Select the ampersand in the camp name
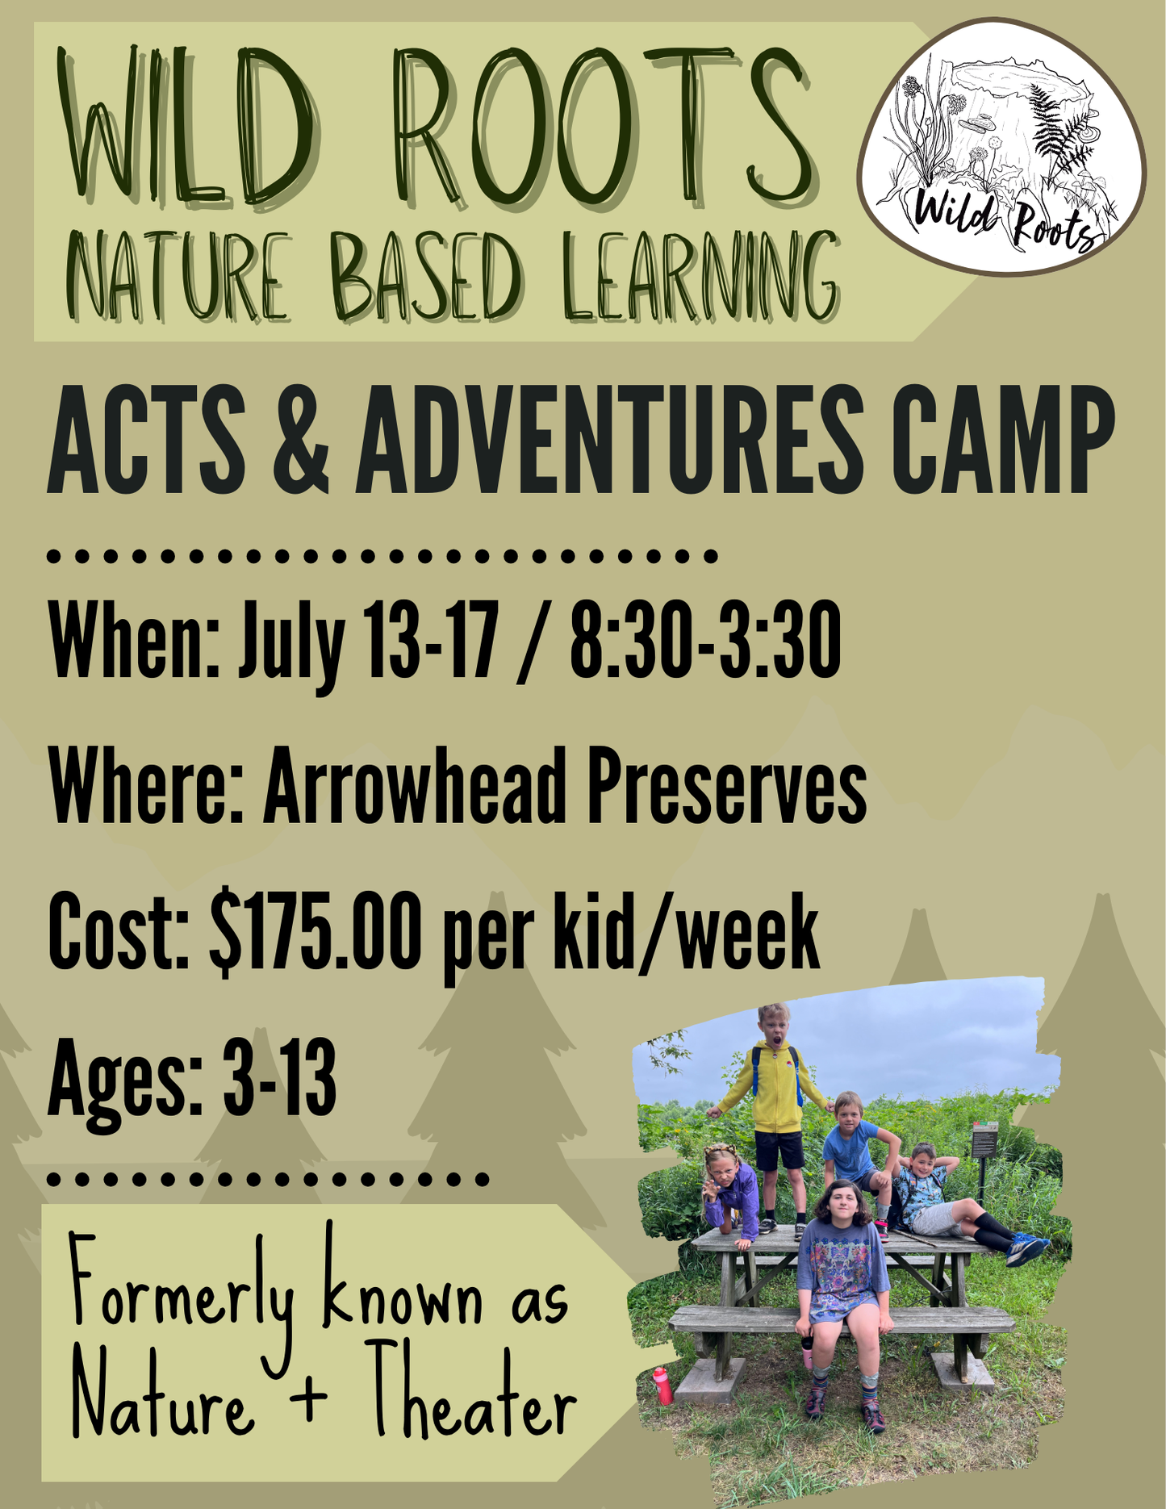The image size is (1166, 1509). (300, 440)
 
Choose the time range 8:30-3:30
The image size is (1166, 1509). (705, 641)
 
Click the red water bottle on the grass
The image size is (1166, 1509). (662, 1385)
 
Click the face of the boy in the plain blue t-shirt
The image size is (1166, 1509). (848, 1110)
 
